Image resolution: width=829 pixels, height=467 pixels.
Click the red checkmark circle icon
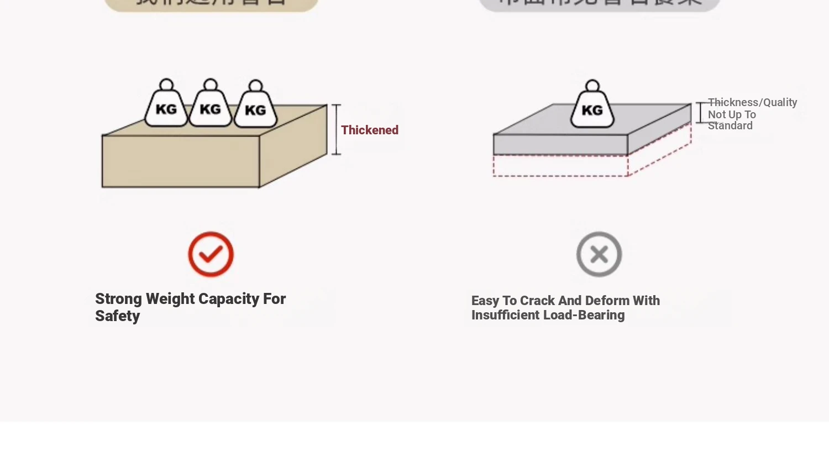[211, 254]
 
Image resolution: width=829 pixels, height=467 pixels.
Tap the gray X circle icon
[599, 254]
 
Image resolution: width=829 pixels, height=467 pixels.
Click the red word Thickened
[369, 130]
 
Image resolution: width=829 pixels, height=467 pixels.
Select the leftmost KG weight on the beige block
[166, 108]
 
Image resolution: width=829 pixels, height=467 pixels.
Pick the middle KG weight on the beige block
[210, 108]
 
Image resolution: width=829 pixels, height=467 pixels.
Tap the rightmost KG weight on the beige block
[255, 109]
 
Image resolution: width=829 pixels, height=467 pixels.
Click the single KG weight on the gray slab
[592, 109]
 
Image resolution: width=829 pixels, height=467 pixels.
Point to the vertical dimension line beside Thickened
[336, 129]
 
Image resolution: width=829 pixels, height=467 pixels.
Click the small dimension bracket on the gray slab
[700, 113]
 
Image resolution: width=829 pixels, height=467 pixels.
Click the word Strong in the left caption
[118, 299]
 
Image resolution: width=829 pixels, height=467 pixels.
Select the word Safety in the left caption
[117, 316]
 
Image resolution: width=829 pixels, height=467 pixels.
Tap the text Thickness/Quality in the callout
[752, 102]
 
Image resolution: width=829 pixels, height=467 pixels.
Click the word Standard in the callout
[730, 125]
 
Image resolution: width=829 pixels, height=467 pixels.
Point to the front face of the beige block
[181, 161]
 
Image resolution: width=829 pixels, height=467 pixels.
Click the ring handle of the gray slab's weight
[592, 86]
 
